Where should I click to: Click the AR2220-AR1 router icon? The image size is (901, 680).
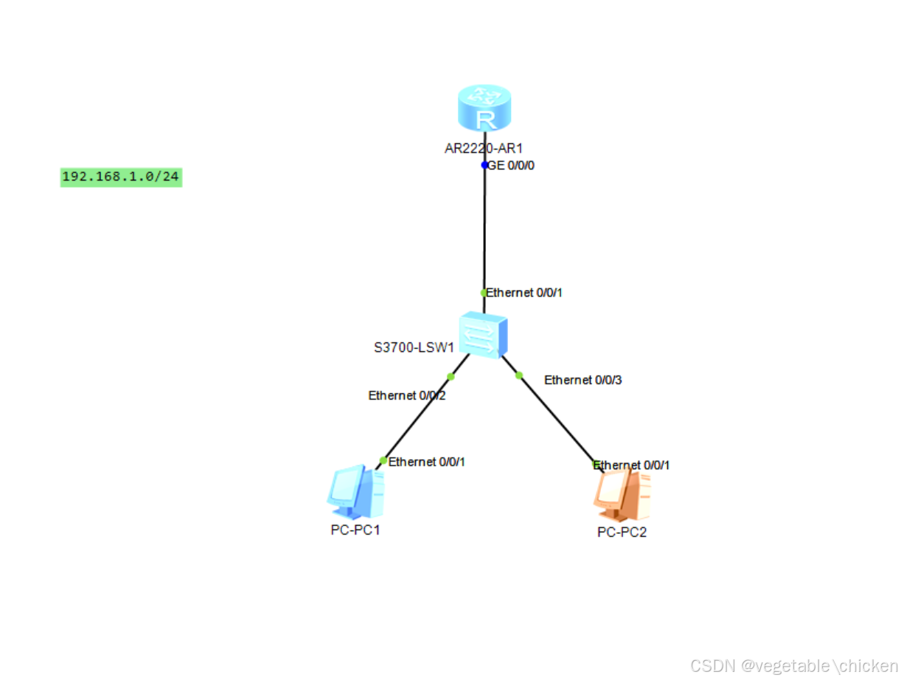(484, 109)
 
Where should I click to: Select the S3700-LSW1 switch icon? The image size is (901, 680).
(483, 335)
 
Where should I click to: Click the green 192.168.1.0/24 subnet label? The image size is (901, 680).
(121, 177)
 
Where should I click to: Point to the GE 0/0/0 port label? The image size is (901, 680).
(511, 165)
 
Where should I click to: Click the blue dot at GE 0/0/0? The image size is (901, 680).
(484, 165)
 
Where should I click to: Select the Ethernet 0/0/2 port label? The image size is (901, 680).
(407, 395)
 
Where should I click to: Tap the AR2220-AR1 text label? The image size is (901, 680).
(484, 148)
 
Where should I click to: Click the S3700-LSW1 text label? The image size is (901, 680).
(414, 347)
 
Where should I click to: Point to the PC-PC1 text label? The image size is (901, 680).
(355, 530)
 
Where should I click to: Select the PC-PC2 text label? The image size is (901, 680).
(622, 532)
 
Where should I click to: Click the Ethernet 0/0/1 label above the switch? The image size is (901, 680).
(524, 293)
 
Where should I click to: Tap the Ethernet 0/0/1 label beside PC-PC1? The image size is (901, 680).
(427, 462)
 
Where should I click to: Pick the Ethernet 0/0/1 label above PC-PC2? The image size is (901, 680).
(632, 465)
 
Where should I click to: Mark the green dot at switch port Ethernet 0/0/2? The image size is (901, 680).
(451, 377)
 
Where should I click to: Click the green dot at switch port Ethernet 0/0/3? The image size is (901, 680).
(518, 375)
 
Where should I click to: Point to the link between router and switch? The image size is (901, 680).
(484, 229)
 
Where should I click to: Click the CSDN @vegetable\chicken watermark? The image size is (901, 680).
(793, 665)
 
